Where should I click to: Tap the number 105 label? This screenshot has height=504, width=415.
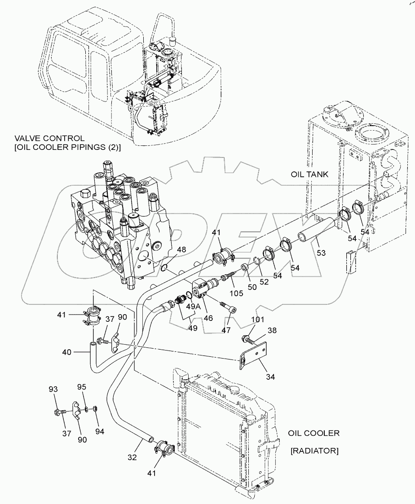[x=235, y=294]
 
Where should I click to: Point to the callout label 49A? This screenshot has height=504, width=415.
[x=194, y=307]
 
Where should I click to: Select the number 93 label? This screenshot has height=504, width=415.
[x=53, y=390]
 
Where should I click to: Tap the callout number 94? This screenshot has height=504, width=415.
[x=100, y=431]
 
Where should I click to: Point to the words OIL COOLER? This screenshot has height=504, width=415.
[x=313, y=433]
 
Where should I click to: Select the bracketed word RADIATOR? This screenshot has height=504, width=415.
[x=314, y=451]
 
